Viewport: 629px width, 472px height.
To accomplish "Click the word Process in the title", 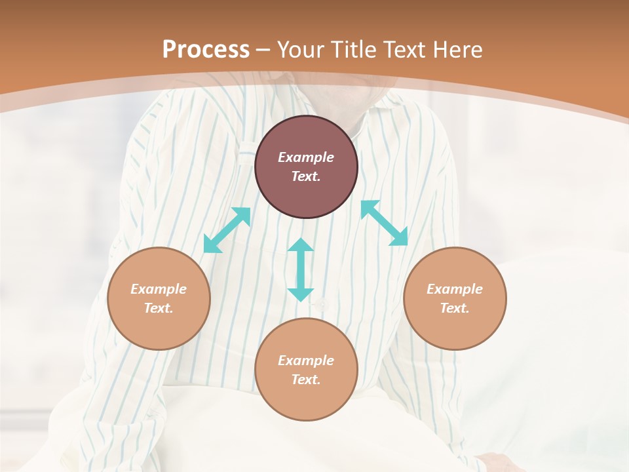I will pyautogui.click(x=206, y=49).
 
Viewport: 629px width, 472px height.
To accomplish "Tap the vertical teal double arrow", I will pyautogui.click(x=301, y=269).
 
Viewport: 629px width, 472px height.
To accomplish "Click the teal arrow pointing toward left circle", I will pyautogui.click(x=227, y=230).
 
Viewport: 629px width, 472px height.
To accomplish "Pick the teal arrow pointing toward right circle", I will pyautogui.click(x=384, y=223).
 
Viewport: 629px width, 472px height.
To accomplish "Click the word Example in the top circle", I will pyautogui.click(x=306, y=157).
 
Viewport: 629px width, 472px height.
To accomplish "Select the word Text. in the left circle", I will pyautogui.click(x=159, y=308).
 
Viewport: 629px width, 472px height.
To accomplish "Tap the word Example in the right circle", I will pyautogui.click(x=455, y=289).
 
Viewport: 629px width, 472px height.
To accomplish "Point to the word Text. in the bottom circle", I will pyautogui.click(x=306, y=380).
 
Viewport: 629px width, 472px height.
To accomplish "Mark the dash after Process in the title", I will pyautogui.click(x=263, y=50).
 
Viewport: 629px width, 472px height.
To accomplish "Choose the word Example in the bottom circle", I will pyautogui.click(x=306, y=361).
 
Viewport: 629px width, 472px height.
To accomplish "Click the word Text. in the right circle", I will pyautogui.click(x=455, y=308).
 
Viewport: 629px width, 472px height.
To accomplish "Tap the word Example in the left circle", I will pyautogui.click(x=159, y=289).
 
